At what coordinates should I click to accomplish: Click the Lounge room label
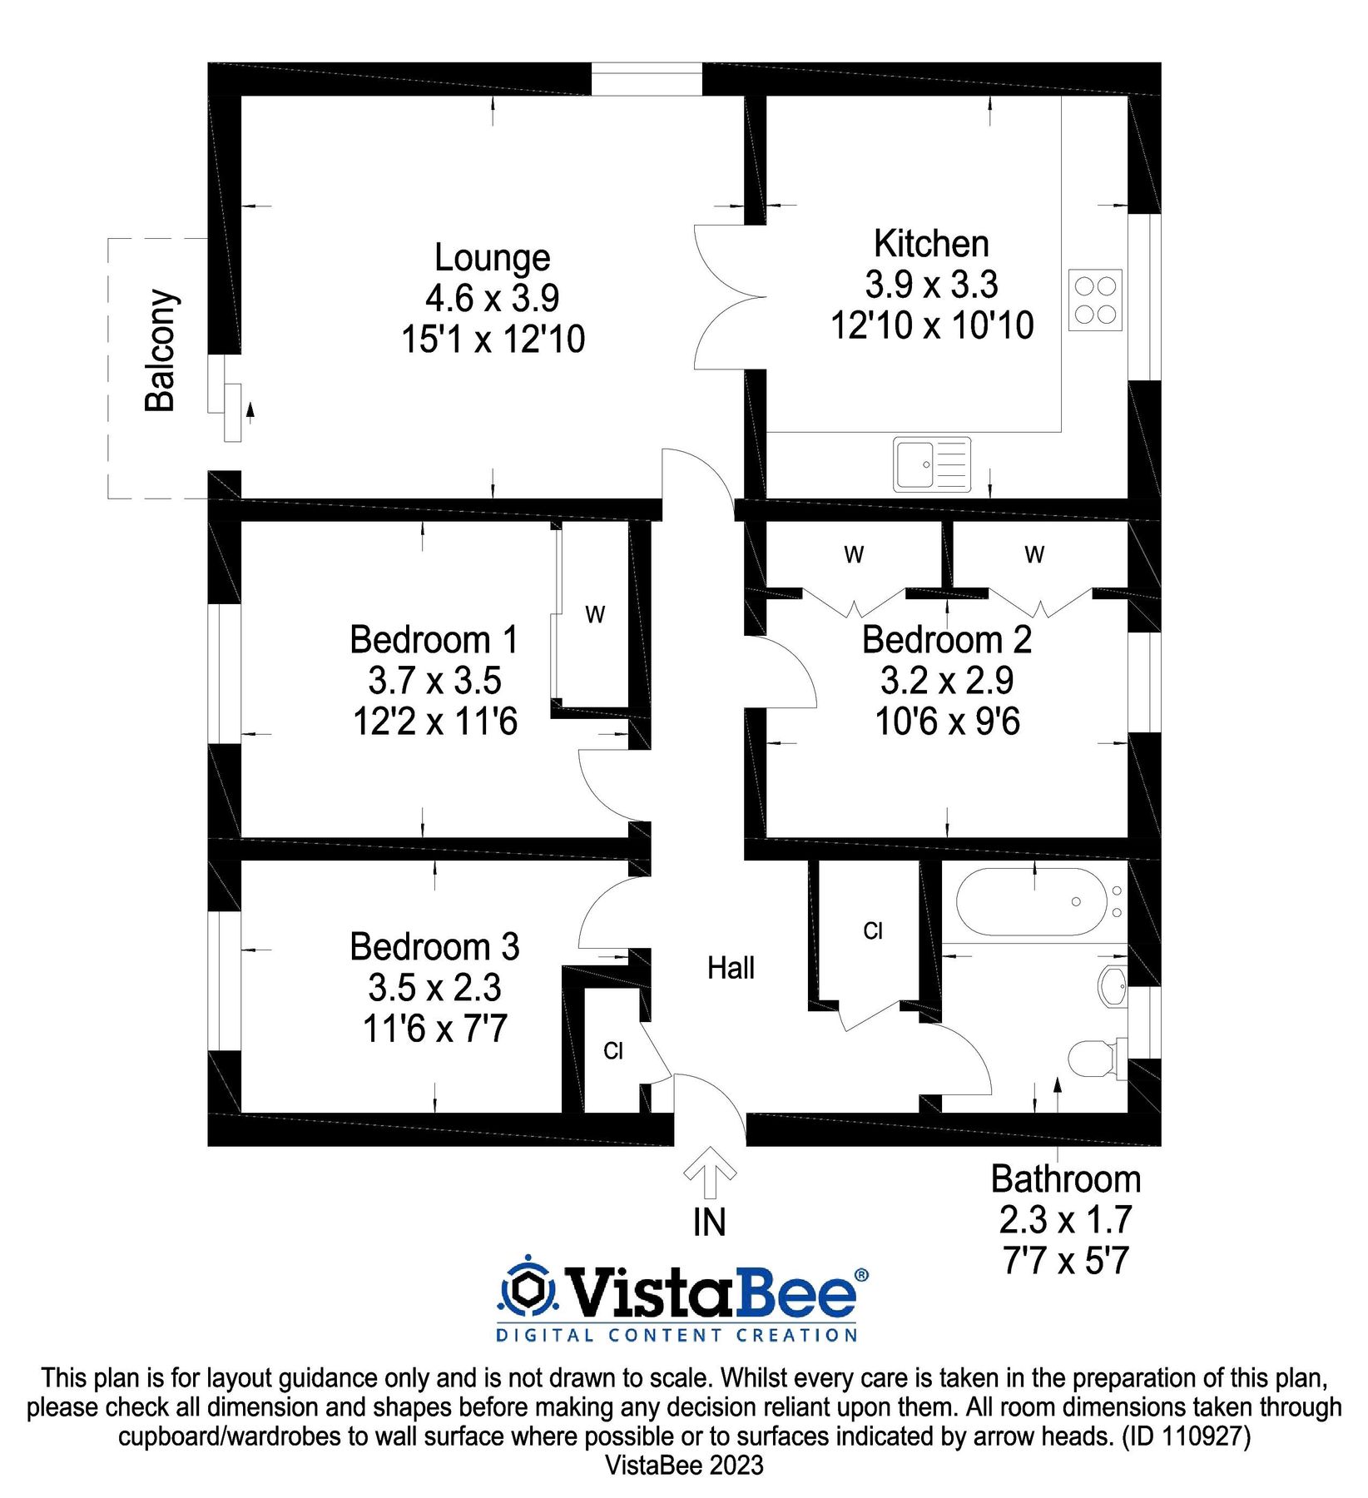click(x=493, y=257)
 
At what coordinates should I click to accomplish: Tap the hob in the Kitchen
click(x=1095, y=300)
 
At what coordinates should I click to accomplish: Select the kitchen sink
click(x=933, y=464)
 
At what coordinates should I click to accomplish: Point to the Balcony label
click(x=161, y=350)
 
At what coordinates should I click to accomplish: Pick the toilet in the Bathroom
click(x=1096, y=1058)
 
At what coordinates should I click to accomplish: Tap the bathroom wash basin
click(x=1113, y=987)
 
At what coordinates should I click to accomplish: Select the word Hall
click(x=731, y=968)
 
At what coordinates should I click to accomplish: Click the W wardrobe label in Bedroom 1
click(x=595, y=615)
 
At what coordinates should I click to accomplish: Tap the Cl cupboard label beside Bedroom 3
click(x=613, y=1051)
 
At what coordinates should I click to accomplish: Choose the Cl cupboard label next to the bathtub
click(x=873, y=930)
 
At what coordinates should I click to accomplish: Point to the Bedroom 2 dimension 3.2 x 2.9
click(x=947, y=681)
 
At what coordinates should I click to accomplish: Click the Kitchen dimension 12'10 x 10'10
click(x=932, y=325)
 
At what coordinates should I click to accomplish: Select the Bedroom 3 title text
click(x=434, y=947)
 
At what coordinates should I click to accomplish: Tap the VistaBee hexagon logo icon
click(x=527, y=1289)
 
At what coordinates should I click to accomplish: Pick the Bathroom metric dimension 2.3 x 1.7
click(x=1066, y=1220)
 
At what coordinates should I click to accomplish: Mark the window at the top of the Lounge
click(x=647, y=79)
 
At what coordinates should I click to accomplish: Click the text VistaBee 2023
click(x=684, y=1466)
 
